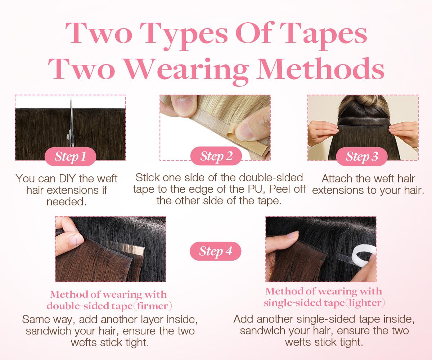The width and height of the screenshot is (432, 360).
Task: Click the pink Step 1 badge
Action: coord(70,157)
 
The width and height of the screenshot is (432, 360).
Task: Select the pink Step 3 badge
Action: coord(362,157)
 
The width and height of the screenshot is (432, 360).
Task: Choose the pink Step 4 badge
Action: coord(216,251)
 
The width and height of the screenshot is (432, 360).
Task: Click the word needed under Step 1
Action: coord(67,202)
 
